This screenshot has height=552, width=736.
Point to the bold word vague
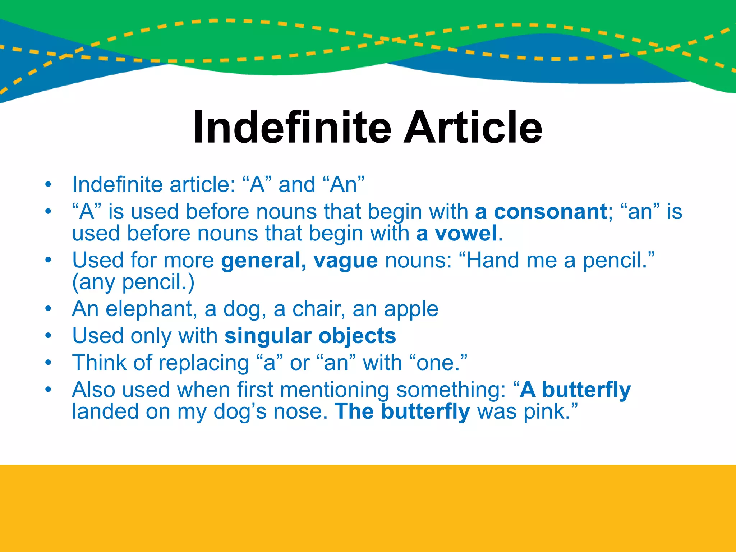coord(345,261)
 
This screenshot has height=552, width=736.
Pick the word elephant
coord(151,309)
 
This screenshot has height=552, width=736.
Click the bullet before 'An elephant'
coord(49,309)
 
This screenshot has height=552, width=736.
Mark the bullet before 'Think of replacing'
coord(49,363)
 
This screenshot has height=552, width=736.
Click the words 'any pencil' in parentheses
coord(133,282)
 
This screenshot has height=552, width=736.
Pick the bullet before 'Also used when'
coord(49,390)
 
